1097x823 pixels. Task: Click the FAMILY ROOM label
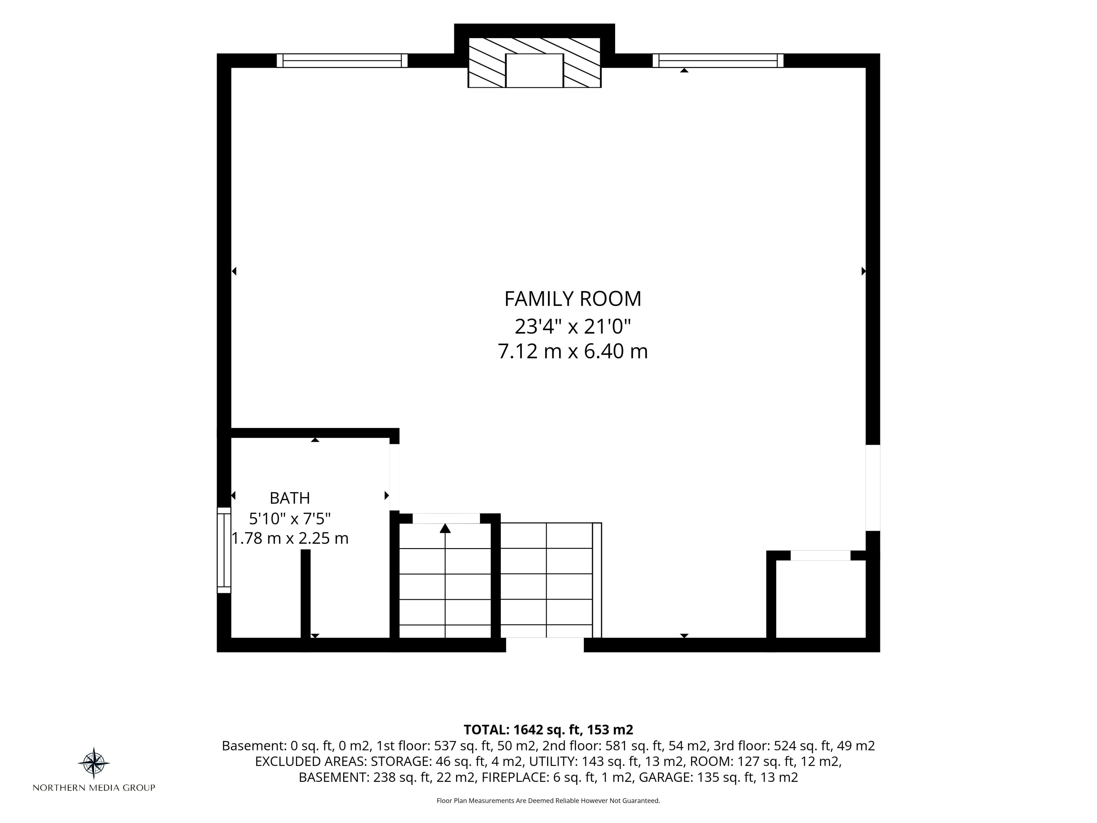tap(573, 299)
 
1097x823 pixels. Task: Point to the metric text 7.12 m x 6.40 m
tap(573, 352)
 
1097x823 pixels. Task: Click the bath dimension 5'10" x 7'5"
tap(290, 518)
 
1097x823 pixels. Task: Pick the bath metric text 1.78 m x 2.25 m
tap(290, 538)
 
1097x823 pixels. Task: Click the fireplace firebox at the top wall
tap(535, 71)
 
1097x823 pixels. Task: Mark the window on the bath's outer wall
tap(224, 550)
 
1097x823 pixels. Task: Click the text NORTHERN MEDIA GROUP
tap(94, 788)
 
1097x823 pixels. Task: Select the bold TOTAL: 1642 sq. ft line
tap(548, 730)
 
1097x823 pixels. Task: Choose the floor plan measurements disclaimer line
tap(548, 801)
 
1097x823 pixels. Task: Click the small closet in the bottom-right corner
tap(821, 599)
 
